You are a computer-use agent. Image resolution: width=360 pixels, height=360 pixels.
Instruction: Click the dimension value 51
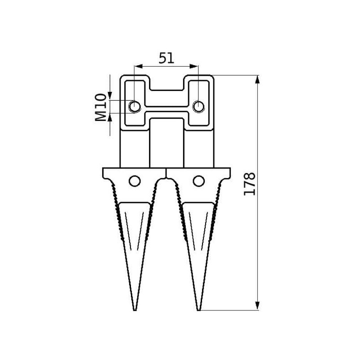point(166,58)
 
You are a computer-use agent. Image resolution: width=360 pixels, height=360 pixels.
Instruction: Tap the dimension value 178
point(249,184)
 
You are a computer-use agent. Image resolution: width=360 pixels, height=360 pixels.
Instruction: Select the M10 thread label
point(101,107)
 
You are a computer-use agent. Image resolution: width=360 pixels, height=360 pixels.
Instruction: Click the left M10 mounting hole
point(135,107)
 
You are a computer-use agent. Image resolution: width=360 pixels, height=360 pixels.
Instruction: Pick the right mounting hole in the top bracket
point(198,107)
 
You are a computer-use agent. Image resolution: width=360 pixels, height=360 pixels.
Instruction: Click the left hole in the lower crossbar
point(135,181)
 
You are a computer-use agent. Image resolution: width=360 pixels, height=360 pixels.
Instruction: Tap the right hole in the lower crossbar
point(198,181)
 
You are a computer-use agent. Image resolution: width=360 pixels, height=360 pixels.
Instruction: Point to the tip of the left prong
point(135,310)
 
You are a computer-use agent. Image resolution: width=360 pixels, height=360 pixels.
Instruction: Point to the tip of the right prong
point(199,310)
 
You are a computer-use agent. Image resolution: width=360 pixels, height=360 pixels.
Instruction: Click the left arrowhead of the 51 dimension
point(138,66)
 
